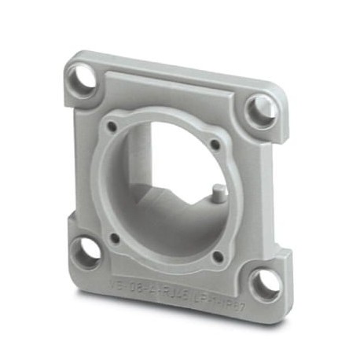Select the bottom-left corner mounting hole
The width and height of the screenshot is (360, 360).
(86, 252)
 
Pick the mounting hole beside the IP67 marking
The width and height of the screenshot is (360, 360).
(265, 284)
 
